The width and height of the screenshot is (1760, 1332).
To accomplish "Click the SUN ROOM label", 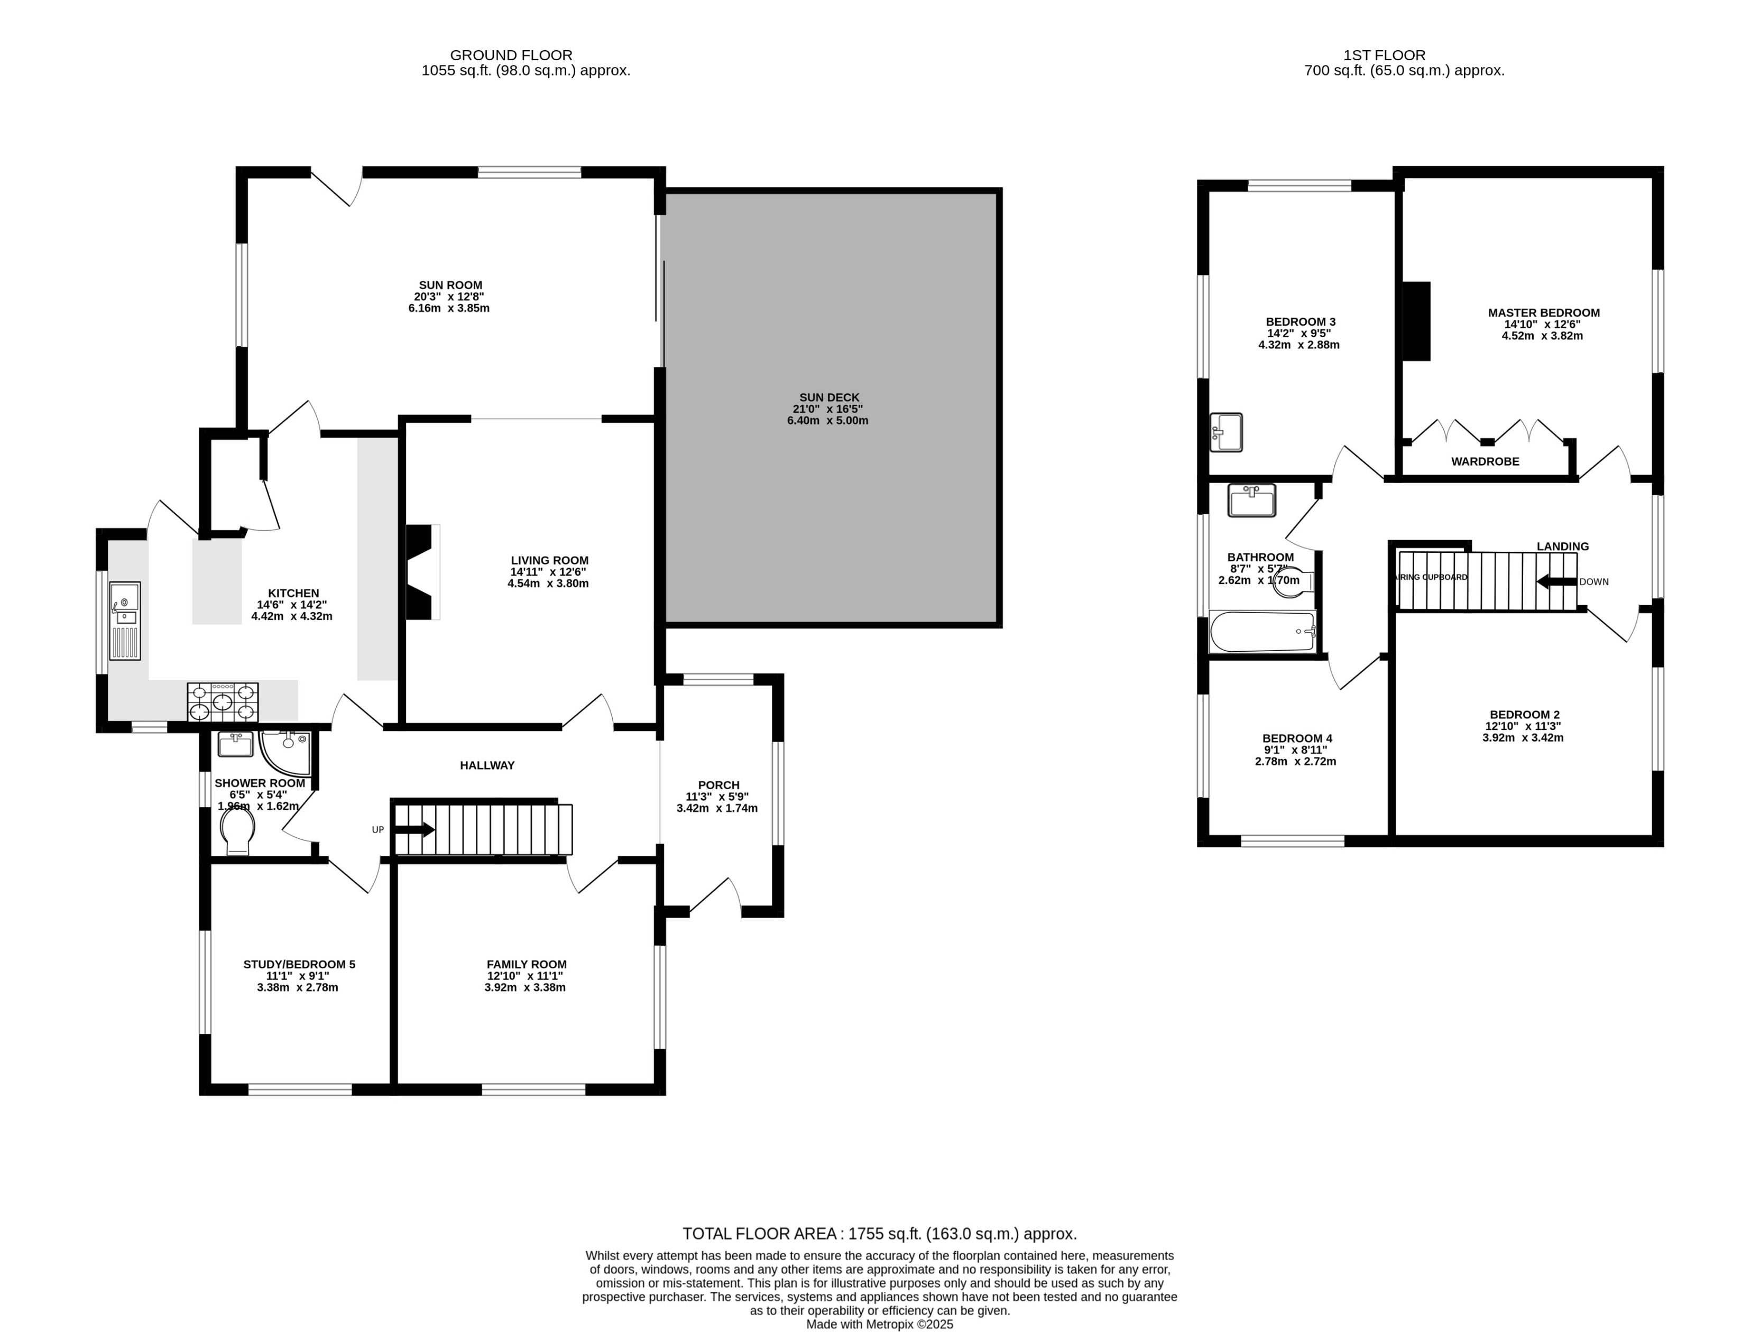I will (450, 285).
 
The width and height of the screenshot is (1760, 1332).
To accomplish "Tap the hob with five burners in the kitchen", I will (223, 702).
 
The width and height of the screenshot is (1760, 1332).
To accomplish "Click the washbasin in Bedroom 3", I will (1226, 432).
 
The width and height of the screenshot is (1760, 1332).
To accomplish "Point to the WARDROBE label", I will (1485, 461).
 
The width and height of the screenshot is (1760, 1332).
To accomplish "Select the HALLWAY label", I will (487, 765).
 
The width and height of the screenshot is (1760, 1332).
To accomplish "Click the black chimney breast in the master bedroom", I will (1416, 321).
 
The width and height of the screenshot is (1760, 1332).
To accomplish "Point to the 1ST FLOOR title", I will (1385, 55).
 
